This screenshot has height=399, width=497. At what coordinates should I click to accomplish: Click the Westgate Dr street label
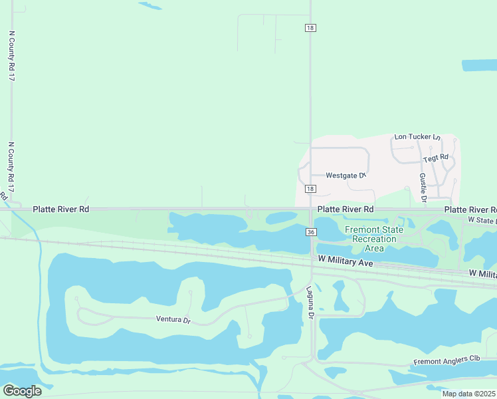346,176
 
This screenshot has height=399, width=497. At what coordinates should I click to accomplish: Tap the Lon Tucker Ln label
417,137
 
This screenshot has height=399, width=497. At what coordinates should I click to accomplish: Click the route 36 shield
311,231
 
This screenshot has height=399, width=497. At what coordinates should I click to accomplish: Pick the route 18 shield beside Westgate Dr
311,190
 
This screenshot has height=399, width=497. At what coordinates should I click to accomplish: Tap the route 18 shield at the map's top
311,27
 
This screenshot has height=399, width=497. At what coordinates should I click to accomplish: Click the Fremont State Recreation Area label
373,239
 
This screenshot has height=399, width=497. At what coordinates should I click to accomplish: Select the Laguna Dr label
310,303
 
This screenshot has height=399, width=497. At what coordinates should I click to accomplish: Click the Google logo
21,390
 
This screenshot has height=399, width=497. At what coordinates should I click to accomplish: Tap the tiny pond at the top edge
150,6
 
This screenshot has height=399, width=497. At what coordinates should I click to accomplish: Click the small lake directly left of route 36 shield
281,217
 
